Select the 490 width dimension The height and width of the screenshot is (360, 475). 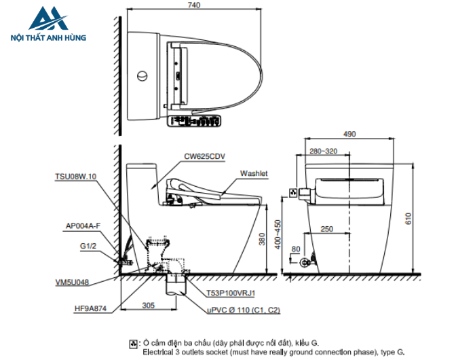click(349, 134)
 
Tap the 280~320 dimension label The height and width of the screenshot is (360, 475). click(324, 151)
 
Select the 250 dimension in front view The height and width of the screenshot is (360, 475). click(326, 230)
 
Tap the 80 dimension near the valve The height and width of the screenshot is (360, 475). click(295, 249)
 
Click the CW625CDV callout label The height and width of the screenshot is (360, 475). click(204, 156)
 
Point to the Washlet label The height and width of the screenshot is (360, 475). click(254, 174)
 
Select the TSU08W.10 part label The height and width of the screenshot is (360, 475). click(76, 176)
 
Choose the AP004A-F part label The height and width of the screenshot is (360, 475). click(83, 226)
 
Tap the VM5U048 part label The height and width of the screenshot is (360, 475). click(73, 281)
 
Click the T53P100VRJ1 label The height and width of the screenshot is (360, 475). click(231, 293)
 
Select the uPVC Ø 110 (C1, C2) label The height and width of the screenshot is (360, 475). click(244, 310)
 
